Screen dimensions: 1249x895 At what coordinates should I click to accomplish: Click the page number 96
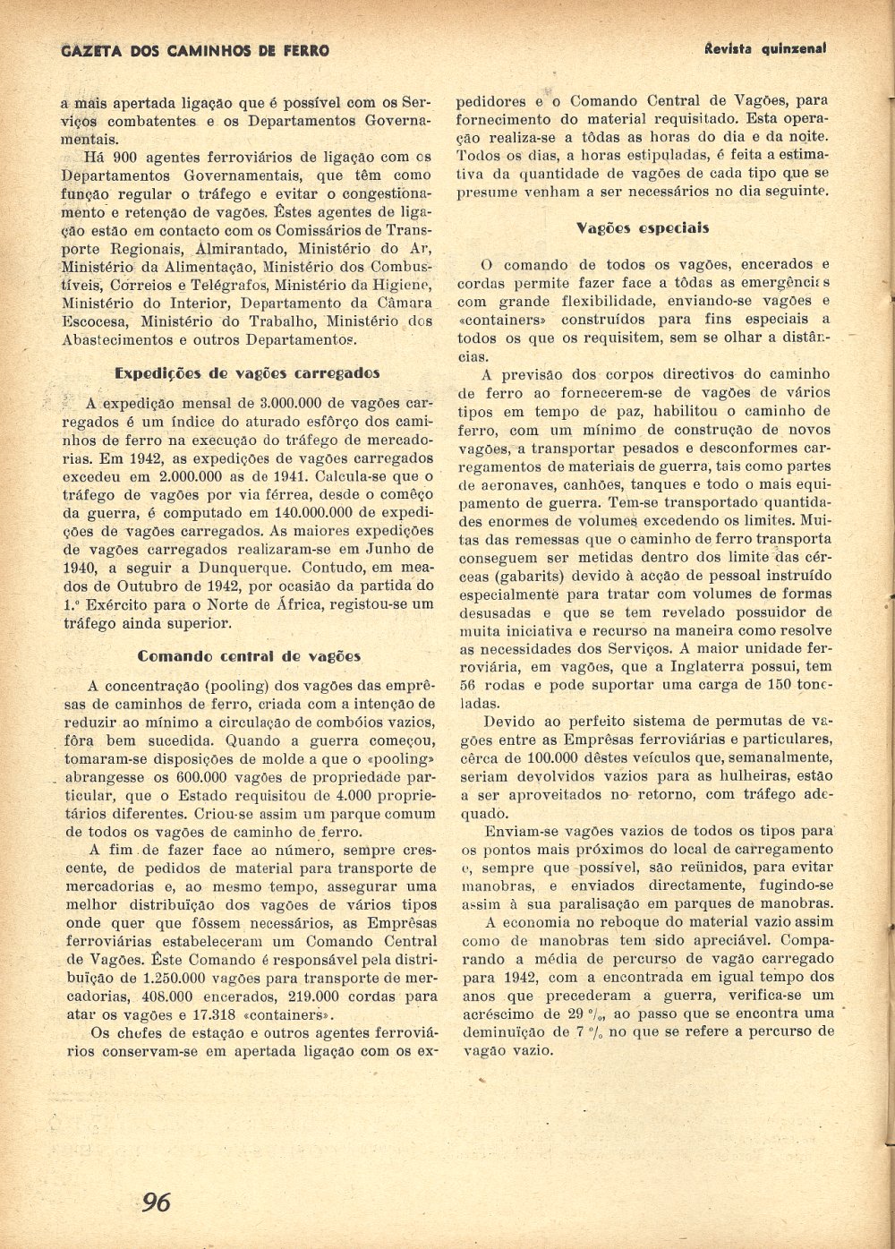[x=157, y=1202]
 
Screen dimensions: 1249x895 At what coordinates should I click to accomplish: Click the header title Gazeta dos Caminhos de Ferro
[x=195, y=51]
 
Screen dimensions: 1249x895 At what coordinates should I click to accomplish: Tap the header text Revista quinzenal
[x=764, y=48]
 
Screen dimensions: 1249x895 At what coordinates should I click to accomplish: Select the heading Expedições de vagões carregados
[x=248, y=373]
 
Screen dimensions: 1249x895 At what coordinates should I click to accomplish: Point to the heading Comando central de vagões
[x=249, y=656]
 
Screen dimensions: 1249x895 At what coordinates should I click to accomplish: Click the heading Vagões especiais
[x=643, y=228]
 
